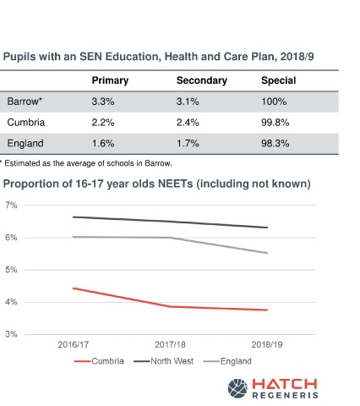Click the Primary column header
click(110, 80)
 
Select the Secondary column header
click(202, 80)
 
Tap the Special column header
click(279, 80)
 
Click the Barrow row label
click(25, 101)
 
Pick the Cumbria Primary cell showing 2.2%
click(103, 123)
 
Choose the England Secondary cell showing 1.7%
click(188, 143)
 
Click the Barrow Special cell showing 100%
click(274, 101)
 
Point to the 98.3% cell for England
click(275, 143)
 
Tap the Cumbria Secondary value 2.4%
click(188, 123)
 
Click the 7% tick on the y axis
click(11, 206)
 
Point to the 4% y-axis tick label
click(11, 302)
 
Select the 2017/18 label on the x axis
click(170, 344)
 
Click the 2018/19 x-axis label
click(267, 344)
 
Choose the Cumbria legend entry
click(99, 361)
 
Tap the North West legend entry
click(164, 361)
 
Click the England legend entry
click(227, 361)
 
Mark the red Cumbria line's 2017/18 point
click(170, 306)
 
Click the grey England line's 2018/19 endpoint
click(267, 253)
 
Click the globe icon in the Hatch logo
click(237, 388)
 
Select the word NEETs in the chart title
click(175, 184)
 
